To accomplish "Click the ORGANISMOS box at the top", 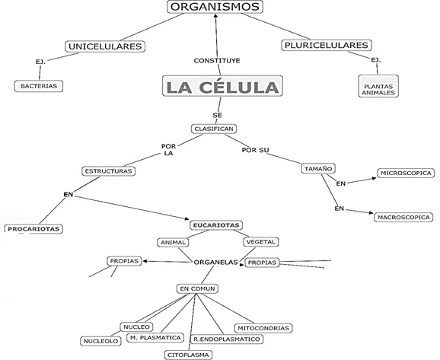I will tap(215, 8).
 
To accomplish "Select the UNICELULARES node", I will tap(106, 47).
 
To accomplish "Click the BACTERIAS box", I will tap(38, 86).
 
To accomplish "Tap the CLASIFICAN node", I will tap(214, 129).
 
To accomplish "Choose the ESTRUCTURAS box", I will tap(108, 171).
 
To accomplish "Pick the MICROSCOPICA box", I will tap(405, 174).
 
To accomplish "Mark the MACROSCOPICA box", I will tap(403, 218).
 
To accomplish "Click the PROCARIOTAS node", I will tap(34, 228).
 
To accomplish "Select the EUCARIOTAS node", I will tap(215, 225).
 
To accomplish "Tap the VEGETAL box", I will tap(260, 242).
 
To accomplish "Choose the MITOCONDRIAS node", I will tap(263, 328).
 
